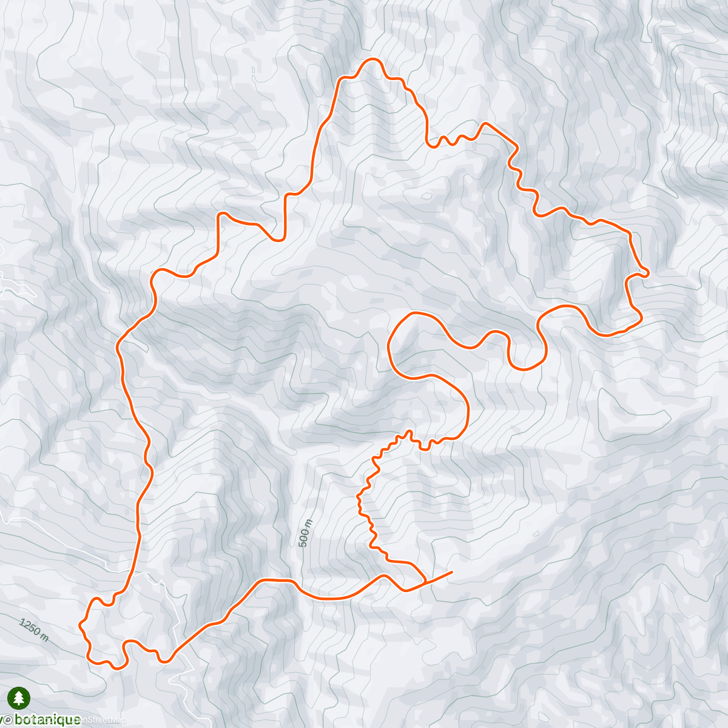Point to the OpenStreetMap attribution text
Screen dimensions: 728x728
point(103,720)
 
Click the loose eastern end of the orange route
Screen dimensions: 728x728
point(451,571)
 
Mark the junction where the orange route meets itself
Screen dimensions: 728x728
point(424,583)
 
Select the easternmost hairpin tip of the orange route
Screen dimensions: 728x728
point(648,274)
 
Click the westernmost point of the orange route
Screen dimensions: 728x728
point(81,624)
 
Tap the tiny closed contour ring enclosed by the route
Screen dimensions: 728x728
point(427,196)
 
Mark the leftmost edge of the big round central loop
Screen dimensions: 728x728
point(388,349)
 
